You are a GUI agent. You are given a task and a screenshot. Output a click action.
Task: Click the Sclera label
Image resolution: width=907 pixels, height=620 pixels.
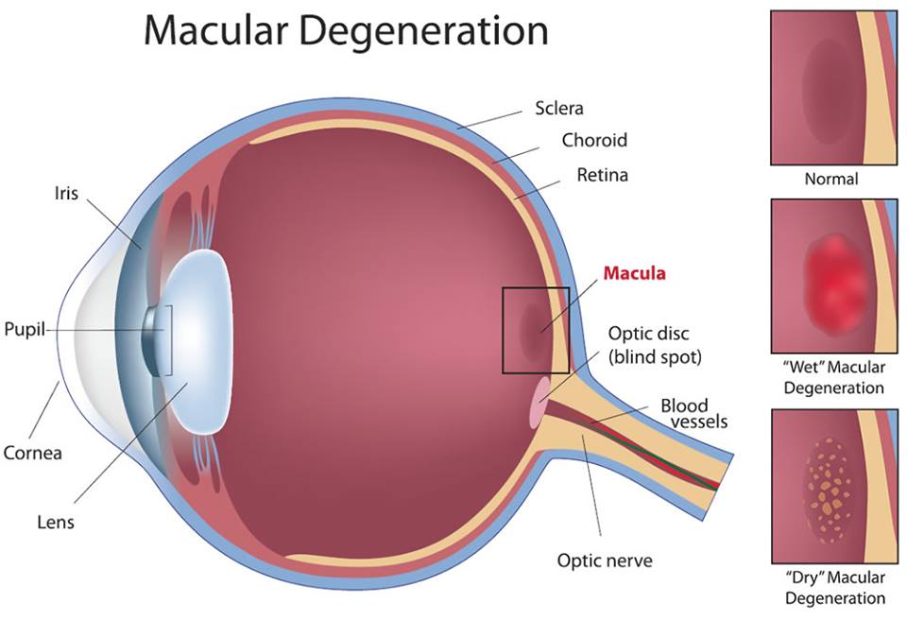(558, 109)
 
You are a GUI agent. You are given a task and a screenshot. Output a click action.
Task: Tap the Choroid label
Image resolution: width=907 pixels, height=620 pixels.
(594, 140)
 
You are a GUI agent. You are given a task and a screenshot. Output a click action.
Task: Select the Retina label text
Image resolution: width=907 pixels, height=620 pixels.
(602, 175)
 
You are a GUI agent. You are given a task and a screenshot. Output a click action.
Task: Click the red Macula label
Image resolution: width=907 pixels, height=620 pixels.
(634, 272)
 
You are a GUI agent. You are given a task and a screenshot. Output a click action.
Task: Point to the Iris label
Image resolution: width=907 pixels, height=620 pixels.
(66, 193)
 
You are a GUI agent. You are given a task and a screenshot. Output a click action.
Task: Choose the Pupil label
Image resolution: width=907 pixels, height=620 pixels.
(25, 330)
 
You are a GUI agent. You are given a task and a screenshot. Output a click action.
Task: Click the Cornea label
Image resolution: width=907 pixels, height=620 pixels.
(32, 452)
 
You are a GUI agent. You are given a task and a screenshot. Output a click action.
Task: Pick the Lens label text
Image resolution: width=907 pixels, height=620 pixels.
(56, 522)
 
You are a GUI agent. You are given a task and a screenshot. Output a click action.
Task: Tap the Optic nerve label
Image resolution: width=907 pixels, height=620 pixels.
(605, 560)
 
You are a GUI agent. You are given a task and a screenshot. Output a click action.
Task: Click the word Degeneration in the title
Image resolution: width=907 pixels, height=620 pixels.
(423, 30)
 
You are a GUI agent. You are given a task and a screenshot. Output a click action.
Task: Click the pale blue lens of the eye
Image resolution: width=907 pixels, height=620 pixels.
(199, 344)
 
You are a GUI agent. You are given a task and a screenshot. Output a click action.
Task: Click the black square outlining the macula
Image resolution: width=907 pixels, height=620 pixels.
(504, 331)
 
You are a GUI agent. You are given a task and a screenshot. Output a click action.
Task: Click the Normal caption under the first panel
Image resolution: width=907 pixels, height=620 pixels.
(831, 179)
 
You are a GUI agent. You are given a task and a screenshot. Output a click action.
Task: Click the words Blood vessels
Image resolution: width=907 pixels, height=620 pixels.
(693, 413)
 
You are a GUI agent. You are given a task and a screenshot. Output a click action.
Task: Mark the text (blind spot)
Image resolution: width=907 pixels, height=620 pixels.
(655, 356)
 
